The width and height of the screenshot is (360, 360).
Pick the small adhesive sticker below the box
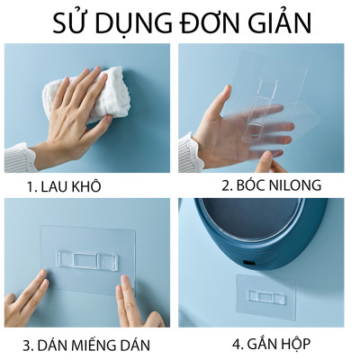(266, 298)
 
